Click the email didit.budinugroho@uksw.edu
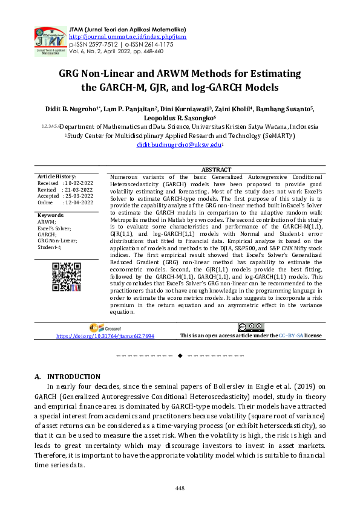coord(179,146)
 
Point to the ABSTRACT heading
coord(215,170)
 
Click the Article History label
coord(56,175)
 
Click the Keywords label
coord(51,215)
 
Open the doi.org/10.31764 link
coord(105,336)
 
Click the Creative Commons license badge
coord(251,327)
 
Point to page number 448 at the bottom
coord(180,487)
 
